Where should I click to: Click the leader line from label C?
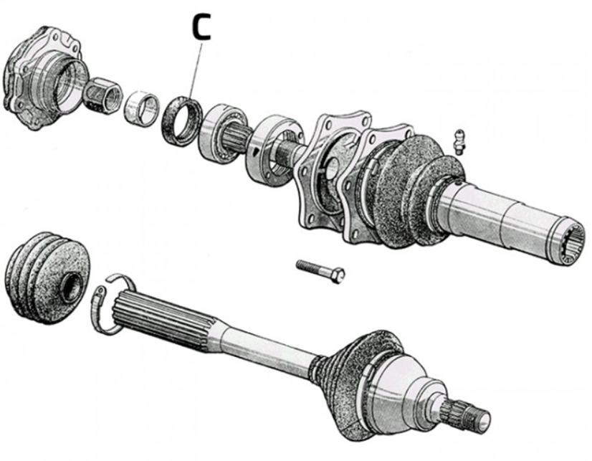196,69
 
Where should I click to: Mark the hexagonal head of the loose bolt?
338,275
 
